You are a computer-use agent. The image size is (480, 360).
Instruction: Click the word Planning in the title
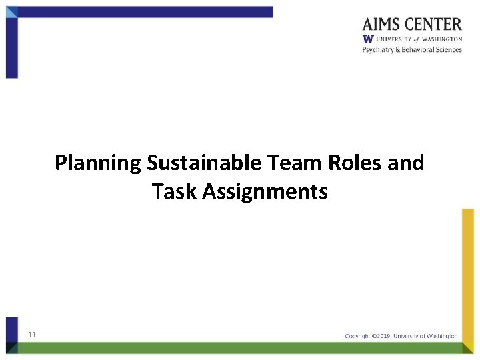(98, 163)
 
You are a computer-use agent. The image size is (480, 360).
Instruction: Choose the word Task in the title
(174, 192)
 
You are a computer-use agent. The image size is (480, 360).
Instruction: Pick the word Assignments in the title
(265, 192)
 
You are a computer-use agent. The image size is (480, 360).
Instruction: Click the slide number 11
(32, 335)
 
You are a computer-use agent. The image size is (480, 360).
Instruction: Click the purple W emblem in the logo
(367, 39)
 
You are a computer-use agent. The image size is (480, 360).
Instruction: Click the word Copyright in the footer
(357, 336)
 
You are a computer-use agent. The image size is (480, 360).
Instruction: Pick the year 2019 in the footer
(385, 336)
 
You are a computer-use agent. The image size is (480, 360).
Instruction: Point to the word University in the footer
(409, 336)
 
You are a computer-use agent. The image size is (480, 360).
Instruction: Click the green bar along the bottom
(240, 347)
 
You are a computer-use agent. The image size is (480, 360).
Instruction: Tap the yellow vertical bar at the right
(468, 273)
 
